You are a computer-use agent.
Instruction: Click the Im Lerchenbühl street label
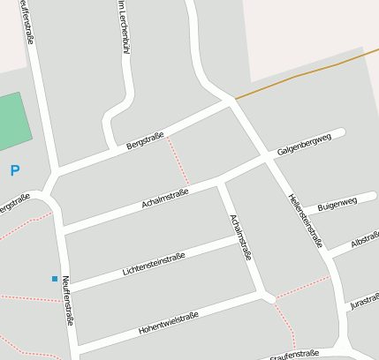pos(123,28)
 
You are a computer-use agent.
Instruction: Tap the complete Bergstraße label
pos(146,137)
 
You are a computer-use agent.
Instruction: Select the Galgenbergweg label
pos(303,145)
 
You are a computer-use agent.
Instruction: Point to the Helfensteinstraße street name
pos(306,220)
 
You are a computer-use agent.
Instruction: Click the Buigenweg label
pos(337,204)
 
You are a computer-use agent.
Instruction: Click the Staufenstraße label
pos(294,354)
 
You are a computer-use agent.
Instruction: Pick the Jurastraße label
pos(364,301)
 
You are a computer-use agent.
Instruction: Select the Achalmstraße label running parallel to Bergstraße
pos(166,198)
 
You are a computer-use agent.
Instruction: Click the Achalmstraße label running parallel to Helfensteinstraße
pos(240,236)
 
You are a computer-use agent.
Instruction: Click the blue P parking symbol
pos(14,170)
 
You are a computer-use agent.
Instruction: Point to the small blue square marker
pos(55,279)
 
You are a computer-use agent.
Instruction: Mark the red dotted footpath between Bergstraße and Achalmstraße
pos(178,161)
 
